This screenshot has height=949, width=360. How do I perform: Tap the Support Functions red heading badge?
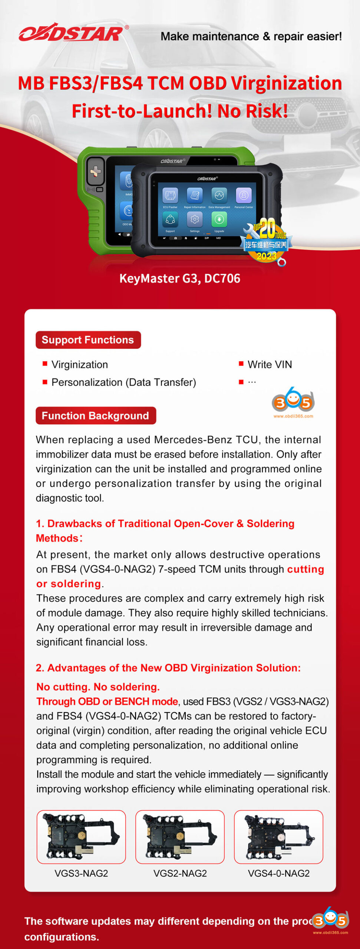88,340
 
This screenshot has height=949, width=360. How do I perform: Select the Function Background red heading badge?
95,416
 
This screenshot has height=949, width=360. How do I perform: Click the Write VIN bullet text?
270,364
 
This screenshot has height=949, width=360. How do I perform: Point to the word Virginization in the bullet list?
79,364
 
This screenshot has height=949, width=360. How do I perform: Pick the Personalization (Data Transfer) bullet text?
123,382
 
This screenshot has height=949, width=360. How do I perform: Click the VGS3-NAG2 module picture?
81,837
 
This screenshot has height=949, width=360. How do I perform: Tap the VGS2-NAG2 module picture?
180,837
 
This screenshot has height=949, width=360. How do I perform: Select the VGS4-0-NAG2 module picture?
278,837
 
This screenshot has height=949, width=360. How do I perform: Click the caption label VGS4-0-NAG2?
278,873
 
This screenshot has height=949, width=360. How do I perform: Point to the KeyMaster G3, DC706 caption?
180,278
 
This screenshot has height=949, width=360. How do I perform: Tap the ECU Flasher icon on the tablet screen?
170,195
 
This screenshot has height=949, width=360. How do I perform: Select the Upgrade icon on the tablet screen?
219,219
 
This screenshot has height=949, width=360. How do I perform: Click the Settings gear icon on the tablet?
195,219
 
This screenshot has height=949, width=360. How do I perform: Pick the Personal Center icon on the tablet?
244,195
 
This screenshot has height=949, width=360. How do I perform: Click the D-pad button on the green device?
95,171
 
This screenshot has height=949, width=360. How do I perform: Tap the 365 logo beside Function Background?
293,402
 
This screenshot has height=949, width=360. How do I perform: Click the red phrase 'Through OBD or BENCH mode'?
107,701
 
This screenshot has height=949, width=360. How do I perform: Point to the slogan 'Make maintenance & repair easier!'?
251,36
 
